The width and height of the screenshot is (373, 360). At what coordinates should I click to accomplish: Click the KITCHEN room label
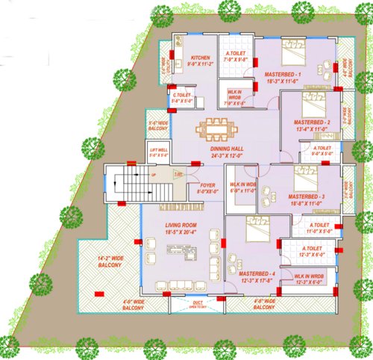(199, 58)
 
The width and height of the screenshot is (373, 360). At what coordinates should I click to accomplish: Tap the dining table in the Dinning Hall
(215, 129)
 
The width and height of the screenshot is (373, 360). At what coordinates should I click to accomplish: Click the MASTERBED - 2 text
(310, 122)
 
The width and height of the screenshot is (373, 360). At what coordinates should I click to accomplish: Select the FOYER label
(207, 185)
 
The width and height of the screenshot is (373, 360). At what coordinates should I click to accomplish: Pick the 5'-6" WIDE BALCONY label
(157, 125)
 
